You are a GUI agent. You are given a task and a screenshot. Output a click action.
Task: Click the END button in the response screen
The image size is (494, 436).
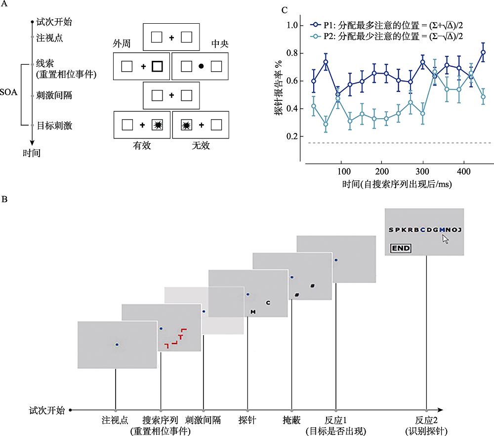(x=401, y=248)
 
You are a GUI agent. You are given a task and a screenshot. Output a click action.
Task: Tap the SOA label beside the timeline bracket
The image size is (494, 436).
(x=9, y=92)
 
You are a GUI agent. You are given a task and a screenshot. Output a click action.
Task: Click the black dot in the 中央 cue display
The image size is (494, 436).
(x=201, y=66)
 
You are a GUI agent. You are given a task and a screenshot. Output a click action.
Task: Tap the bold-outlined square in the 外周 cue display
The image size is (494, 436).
(x=157, y=66)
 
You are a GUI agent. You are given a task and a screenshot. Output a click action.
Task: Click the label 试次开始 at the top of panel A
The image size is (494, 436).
(x=54, y=22)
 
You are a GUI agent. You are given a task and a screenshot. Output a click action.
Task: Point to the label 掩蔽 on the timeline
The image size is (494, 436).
(x=292, y=420)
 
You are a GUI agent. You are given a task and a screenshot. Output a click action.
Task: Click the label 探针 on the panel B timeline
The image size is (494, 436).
(x=247, y=420)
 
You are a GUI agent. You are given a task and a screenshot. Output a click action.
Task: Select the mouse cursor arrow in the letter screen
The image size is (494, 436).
(x=445, y=239)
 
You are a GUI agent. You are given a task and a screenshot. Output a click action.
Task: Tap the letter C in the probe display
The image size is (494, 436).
(x=267, y=303)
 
